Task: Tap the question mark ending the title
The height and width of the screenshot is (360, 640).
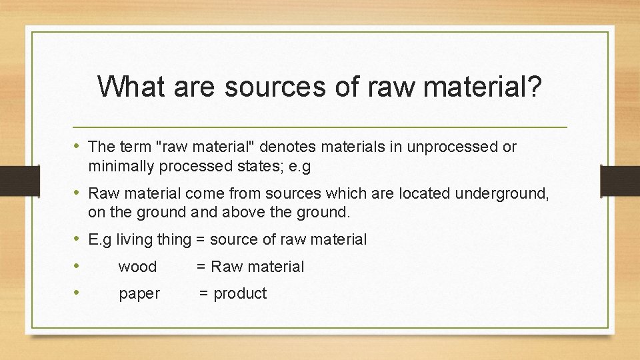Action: pyautogui.click(x=535, y=86)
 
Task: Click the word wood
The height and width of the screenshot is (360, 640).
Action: pyautogui.click(x=137, y=267)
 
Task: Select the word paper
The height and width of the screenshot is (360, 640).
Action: pyautogui.click(x=139, y=294)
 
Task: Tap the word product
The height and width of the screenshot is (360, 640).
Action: pyautogui.click(x=240, y=294)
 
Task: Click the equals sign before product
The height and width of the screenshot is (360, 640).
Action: pyautogui.click(x=204, y=294)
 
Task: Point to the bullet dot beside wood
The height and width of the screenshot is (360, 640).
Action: pyautogui.click(x=77, y=267)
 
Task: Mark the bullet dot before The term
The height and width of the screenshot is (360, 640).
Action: pyautogui.click(x=77, y=146)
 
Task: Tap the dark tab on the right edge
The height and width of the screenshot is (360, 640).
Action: pyautogui.click(x=620, y=180)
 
